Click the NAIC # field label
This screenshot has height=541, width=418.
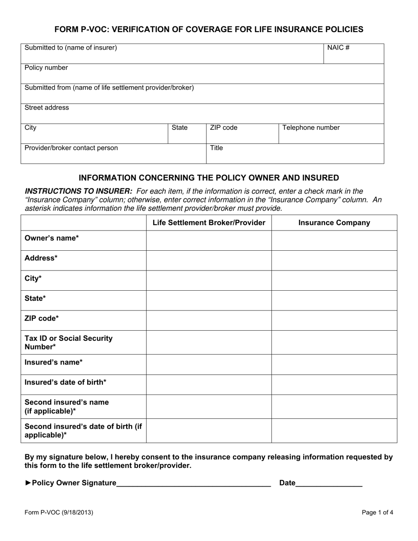(x=338, y=48)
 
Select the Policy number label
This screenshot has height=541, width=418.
(x=46, y=68)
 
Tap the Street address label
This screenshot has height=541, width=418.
(x=47, y=108)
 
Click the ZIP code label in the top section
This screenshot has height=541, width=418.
(x=224, y=128)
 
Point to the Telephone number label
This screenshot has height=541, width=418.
(x=311, y=128)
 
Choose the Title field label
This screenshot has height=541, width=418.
(x=216, y=148)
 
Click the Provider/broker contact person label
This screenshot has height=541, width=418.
(x=71, y=148)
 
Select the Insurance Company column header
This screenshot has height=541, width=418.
(x=334, y=223)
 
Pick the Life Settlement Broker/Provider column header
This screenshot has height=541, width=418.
(x=209, y=223)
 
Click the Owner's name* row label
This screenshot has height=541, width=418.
(x=52, y=238)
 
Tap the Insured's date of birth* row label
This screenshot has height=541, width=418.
(x=66, y=382)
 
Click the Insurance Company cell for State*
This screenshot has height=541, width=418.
(x=334, y=300)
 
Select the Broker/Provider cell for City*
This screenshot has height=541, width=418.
(x=209, y=280)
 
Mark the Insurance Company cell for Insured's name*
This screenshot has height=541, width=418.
(x=334, y=365)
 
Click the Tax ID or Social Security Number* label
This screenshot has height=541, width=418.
(x=69, y=342)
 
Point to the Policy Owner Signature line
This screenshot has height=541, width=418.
(x=194, y=483)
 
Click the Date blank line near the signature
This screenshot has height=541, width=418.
(x=329, y=483)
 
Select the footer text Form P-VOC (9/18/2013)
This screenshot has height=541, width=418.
(x=59, y=512)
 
